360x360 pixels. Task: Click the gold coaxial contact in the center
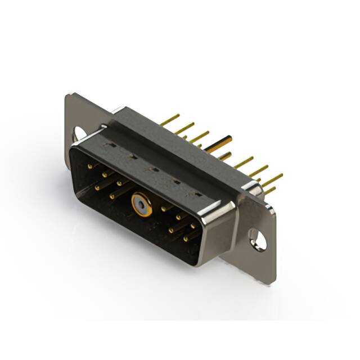click(x=142, y=206)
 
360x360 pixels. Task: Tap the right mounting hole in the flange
click(x=258, y=240)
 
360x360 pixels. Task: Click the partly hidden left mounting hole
click(x=79, y=134)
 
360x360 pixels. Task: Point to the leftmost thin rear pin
click(x=169, y=120)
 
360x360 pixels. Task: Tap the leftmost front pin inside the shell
click(x=90, y=166)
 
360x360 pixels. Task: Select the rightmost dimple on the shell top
click(x=198, y=195)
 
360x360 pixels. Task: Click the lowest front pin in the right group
click(x=186, y=238)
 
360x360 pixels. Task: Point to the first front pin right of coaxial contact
click(x=164, y=209)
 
